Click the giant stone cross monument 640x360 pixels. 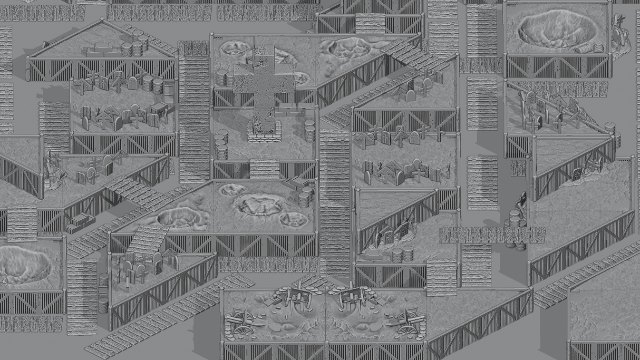[264, 84]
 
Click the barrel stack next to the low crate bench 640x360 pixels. [135, 44]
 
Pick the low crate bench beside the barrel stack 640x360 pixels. [103, 51]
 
